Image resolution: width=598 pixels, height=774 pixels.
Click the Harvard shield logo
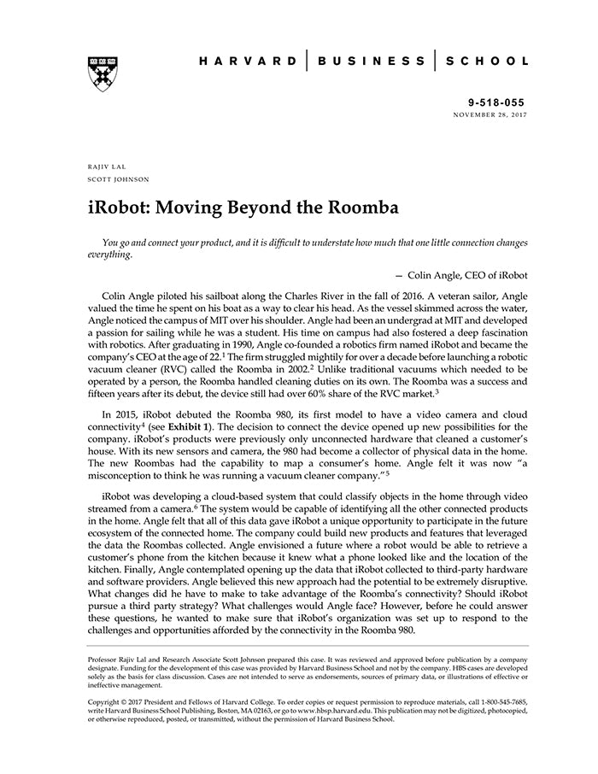102,73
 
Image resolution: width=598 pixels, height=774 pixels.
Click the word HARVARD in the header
249,62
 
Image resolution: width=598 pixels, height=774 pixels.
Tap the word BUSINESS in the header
371,62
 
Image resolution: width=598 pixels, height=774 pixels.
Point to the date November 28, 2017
490,114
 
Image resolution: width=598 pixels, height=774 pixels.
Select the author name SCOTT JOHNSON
119,179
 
